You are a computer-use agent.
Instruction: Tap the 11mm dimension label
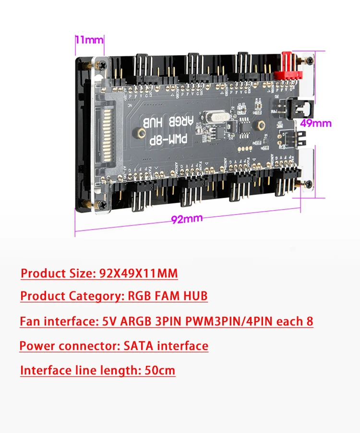pos(89,39)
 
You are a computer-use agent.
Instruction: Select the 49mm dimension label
pos(315,123)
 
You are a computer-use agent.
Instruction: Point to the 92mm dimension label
pos(187,219)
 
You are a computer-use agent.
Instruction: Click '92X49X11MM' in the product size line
pos(138,274)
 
